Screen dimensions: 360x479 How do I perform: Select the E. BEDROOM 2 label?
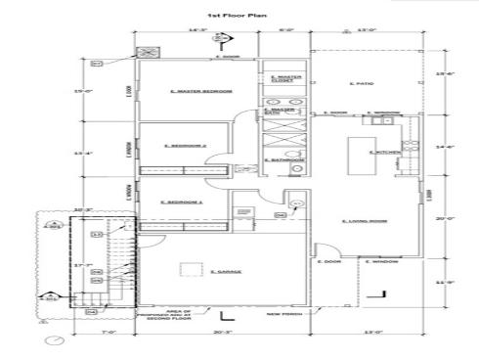click(185, 146)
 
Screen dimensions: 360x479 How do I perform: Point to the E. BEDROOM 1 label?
click(185, 202)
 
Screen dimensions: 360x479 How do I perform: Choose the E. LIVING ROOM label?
click(365, 222)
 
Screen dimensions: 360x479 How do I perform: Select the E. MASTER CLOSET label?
click(285, 77)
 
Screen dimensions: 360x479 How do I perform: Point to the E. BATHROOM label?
click(285, 159)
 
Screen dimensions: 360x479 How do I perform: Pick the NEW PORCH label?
click(283, 314)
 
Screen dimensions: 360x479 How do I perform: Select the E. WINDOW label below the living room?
click(379, 261)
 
